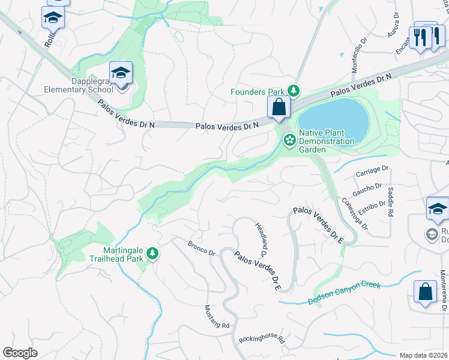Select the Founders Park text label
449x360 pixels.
click(x=258, y=92)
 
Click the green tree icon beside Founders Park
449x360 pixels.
click(x=293, y=91)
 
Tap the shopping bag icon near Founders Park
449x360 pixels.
click(x=279, y=107)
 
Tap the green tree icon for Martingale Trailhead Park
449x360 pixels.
click(x=153, y=254)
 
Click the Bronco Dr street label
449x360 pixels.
click(x=201, y=248)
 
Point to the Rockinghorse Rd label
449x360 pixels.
click(x=261, y=339)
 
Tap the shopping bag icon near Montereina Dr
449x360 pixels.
click(x=425, y=292)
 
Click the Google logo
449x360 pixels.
click(x=20, y=353)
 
